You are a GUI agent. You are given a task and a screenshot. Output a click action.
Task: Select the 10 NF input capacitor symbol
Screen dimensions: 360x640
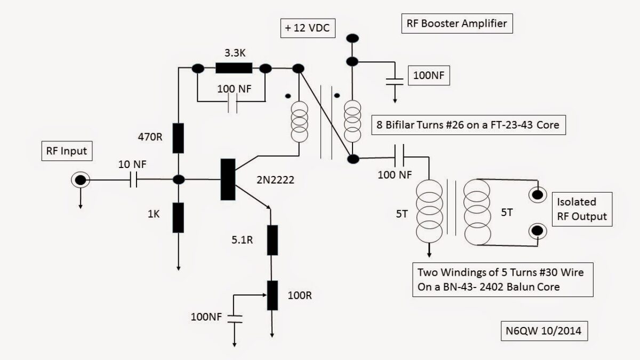pyautogui.click(x=134, y=180)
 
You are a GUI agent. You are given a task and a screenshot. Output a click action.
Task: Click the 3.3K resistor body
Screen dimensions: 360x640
pyautogui.click(x=233, y=68)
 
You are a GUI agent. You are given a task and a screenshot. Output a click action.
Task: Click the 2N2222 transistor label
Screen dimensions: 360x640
pyautogui.click(x=271, y=180)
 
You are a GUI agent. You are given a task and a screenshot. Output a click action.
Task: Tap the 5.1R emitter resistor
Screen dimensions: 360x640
pyautogui.click(x=272, y=240)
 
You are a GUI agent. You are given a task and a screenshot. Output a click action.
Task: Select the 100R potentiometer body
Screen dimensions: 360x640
pyautogui.click(x=272, y=295)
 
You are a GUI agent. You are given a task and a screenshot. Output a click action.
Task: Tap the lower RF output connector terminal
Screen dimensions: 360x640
pyautogui.click(x=537, y=231)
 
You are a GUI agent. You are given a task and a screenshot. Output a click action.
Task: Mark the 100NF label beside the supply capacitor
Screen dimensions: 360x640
pyautogui.click(x=428, y=75)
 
